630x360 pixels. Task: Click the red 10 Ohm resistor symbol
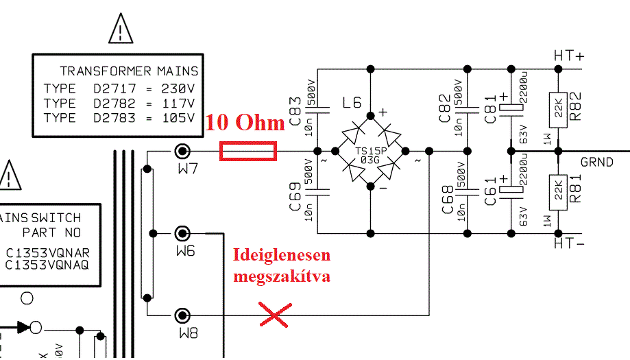pyautogui.click(x=247, y=152)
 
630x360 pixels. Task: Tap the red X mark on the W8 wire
pyautogui.click(x=273, y=315)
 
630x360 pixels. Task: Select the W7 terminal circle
pyautogui.click(x=182, y=152)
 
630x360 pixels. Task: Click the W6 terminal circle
pyautogui.click(x=182, y=234)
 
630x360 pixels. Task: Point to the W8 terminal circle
pyautogui.click(x=182, y=315)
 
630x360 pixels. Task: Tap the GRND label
pyautogui.click(x=597, y=163)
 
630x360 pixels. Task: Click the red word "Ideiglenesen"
pyautogui.click(x=282, y=256)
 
